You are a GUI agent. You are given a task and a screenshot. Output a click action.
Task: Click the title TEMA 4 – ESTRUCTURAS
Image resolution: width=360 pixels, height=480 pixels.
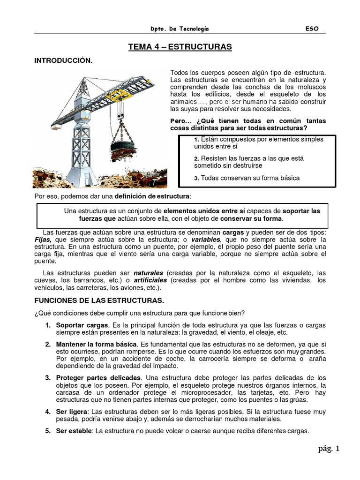tap(180, 47)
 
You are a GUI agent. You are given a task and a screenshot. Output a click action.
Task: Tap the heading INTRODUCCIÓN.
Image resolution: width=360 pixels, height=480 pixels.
tap(63, 61)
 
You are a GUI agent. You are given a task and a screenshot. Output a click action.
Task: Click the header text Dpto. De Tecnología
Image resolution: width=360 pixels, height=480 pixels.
tap(180, 29)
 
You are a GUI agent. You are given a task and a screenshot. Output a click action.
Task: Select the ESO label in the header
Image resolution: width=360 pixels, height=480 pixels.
tap(312, 29)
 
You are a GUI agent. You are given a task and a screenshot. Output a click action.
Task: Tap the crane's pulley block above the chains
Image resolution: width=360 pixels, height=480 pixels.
tap(121, 110)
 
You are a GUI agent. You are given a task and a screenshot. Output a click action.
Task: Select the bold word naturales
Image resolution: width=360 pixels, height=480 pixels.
tap(148, 273)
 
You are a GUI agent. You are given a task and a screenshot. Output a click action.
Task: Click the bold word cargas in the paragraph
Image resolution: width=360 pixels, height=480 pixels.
tap(233, 232)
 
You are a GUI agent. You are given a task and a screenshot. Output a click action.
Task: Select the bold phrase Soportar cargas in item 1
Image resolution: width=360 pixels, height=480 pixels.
tap(82, 325)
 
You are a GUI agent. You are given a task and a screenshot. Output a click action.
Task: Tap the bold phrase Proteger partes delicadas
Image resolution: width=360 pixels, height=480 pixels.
tap(98, 378)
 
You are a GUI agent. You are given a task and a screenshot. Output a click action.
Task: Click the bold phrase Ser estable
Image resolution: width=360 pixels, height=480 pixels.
tap(74, 431)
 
